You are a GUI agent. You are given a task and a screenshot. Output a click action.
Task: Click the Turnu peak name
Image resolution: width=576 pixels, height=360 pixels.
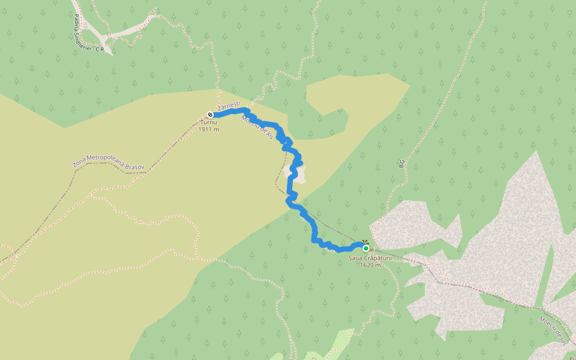coord(209,122)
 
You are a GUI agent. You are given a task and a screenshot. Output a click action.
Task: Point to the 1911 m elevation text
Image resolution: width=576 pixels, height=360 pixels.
coord(209,129)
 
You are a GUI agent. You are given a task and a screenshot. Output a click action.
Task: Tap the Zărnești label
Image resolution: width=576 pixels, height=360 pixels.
coord(229,106)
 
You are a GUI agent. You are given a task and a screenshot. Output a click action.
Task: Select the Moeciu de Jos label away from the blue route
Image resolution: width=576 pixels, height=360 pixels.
coord(553,331)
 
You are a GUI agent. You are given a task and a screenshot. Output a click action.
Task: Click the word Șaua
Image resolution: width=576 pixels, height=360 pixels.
coord(356,258)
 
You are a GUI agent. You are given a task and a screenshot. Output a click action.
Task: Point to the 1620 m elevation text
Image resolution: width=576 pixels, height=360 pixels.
coord(370,265)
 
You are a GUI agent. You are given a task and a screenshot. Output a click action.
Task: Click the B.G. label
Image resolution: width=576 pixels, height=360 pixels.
coord(401,163)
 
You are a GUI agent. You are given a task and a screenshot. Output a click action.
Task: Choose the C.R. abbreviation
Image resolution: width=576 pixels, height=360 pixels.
coord(100,50)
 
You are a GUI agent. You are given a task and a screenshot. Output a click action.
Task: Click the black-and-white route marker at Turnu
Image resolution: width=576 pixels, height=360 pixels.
coord(210,115)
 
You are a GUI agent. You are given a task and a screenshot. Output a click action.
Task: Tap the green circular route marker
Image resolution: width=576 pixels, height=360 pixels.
coord(365,248)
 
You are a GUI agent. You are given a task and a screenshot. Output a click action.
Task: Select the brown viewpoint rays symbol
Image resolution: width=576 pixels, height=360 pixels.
coord(364,242)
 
